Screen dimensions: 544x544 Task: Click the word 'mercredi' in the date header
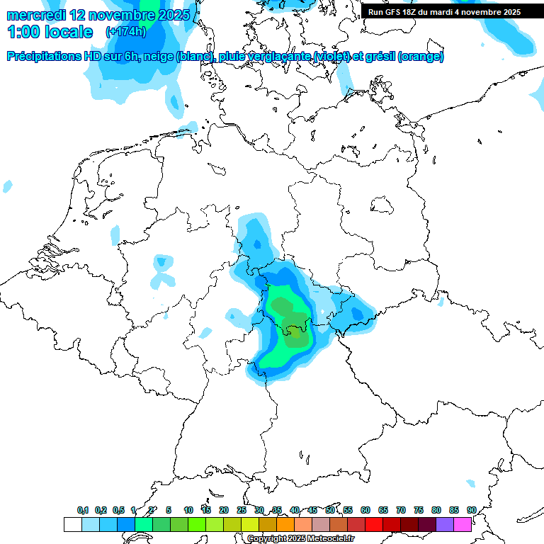35,15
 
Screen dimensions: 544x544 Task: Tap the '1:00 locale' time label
50,32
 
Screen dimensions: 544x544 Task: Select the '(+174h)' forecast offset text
126,32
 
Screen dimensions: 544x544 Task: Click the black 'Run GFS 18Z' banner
444,11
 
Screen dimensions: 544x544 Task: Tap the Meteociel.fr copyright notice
300,539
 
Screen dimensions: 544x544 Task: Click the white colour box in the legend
72,524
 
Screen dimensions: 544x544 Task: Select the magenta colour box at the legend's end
463,524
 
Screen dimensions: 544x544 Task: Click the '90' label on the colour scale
471,510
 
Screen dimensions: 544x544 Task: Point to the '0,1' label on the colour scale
82,510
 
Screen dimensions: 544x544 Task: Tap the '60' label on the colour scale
365,510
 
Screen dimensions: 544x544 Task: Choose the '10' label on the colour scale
188,510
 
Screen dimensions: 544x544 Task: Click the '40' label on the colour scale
295,510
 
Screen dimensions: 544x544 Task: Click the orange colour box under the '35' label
285,524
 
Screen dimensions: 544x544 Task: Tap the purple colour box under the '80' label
445,524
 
